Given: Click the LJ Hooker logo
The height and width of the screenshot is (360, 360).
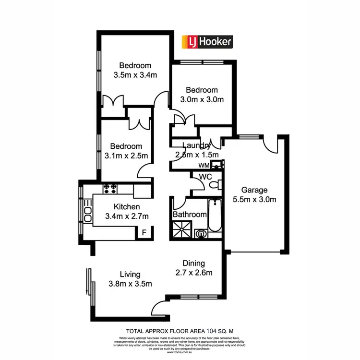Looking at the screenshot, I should tap(206, 42).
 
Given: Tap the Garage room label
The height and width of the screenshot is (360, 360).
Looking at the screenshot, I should tap(254, 190).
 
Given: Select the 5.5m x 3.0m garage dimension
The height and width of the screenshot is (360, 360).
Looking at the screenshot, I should tap(254, 199).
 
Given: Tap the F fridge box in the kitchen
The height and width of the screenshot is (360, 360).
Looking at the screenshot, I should tap(143, 233).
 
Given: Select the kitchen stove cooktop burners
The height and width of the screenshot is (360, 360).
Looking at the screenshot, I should tap(110, 188).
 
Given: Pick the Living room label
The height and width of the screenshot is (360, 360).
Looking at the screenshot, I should tap(130, 274).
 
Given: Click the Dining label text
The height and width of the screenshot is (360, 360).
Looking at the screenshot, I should tap(194, 263).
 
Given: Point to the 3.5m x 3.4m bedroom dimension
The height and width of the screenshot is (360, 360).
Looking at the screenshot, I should tap(136, 75).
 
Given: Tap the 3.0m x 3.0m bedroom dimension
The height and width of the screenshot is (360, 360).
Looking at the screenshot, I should tap(202, 99).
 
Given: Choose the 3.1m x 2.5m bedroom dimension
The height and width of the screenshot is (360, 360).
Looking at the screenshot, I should tap(126, 156).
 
